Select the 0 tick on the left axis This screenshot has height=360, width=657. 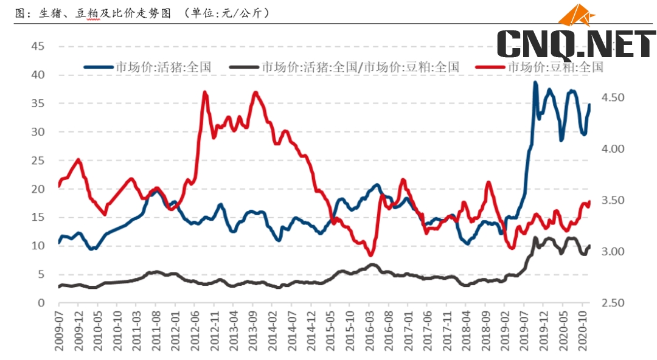pos(41,303)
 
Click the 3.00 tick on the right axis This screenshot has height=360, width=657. pos(614,252)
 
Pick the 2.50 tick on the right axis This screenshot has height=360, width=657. pos(614,303)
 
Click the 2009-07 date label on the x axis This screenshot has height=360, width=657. pos(59,331)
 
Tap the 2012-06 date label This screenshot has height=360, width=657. pos(195,331)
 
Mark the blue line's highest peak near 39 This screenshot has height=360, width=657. pos(535,83)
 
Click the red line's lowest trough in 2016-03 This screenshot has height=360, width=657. pos(370,254)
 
